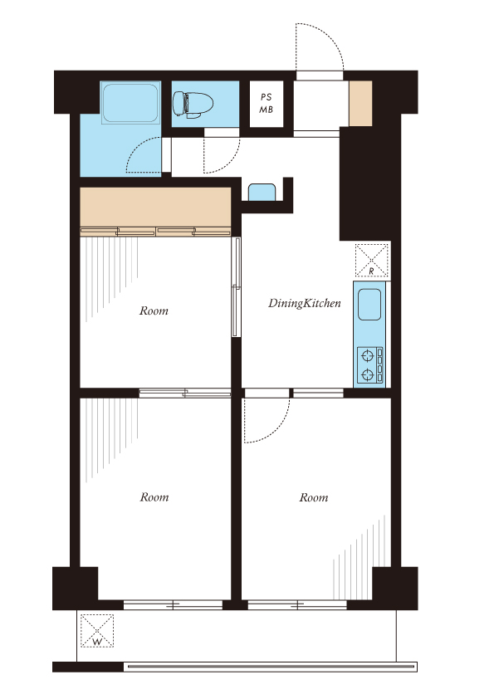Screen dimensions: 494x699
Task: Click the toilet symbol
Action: (193, 105)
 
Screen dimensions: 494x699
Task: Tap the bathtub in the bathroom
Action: (130, 103)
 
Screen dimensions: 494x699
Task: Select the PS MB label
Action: (267, 103)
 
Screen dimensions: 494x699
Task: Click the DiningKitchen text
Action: (305, 303)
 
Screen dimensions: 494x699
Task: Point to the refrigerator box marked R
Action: (372, 260)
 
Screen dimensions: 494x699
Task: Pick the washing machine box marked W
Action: (97, 631)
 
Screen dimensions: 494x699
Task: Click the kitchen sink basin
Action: (369, 305)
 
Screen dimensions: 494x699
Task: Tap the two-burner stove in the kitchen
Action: (370, 365)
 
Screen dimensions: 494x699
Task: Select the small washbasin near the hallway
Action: (262, 192)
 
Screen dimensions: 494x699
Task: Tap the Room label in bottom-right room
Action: (314, 497)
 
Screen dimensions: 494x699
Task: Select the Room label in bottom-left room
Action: (154, 497)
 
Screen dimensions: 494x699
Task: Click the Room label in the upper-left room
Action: (154, 310)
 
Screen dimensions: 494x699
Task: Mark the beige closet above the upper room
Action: (155, 208)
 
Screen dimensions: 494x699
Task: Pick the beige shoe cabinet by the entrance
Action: (360, 104)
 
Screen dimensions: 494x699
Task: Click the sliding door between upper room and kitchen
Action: (237, 286)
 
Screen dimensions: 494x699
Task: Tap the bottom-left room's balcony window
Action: (173, 605)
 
